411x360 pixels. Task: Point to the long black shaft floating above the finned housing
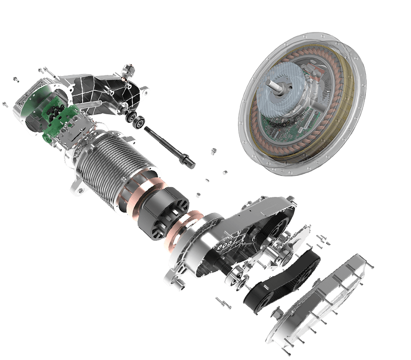tap(170, 146)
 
